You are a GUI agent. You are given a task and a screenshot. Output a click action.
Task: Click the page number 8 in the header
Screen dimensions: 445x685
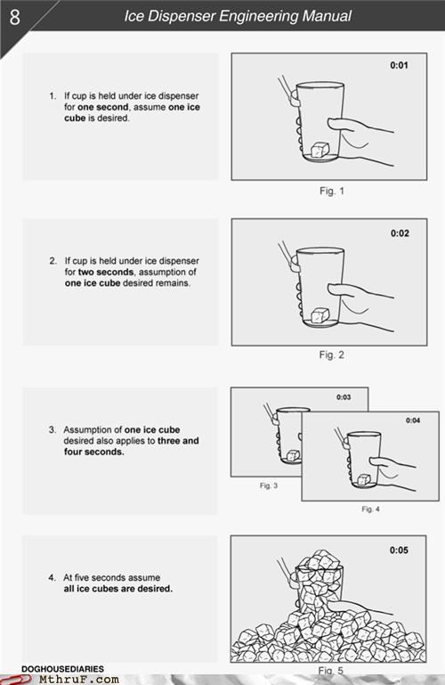[x=14, y=17]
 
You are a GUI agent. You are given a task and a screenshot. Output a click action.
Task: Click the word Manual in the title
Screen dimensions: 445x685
[x=327, y=16]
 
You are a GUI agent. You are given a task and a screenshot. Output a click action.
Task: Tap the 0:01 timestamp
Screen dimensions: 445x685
[x=399, y=66]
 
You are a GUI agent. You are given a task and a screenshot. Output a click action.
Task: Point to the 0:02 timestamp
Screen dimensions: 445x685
[x=400, y=233]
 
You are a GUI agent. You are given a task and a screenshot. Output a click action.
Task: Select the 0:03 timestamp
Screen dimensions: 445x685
[x=344, y=397]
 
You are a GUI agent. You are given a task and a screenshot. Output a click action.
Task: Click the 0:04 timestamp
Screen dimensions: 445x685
[x=413, y=420]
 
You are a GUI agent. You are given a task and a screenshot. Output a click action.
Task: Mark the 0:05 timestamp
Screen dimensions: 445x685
[x=399, y=550]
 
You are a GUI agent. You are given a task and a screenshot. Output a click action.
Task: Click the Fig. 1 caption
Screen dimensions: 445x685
[x=332, y=191]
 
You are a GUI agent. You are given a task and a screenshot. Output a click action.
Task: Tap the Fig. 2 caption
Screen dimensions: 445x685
[x=332, y=355]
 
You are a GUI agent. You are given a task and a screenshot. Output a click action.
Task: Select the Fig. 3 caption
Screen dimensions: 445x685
[x=268, y=485]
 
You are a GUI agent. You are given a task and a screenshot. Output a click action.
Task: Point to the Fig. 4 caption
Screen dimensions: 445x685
[x=370, y=509]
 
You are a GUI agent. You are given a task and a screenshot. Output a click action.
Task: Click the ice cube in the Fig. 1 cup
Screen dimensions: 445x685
[x=320, y=150]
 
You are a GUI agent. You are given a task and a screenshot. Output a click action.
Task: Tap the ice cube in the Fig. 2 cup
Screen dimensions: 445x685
[x=320, y=315]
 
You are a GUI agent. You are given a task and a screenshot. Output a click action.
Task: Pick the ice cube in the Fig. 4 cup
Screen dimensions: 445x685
[x=364, y=479]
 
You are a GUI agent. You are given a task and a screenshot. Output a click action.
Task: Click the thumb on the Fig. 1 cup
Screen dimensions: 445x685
[x=340, y=125]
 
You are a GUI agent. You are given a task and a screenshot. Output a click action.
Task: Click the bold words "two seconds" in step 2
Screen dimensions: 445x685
[x=105, y=272]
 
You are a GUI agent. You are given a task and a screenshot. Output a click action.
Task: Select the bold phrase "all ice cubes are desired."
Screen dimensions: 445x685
[x=117, y=589]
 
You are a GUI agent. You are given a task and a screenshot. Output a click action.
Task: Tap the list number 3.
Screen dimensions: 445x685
[x=53, y=429]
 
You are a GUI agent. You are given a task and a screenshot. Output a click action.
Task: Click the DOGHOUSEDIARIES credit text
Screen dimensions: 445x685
[x=62, y=669]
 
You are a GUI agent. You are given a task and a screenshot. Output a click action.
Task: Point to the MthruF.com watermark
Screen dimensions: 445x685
[x=78, y=680]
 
